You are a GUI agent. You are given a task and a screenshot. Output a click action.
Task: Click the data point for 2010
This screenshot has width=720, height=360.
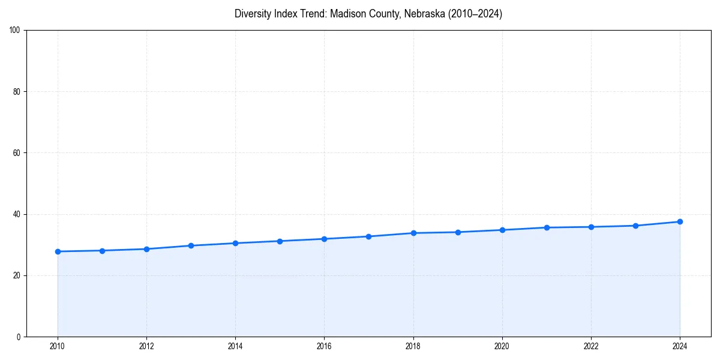[x=58, y=251]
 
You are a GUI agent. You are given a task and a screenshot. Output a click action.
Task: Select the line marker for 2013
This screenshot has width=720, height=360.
[x=191, y=245]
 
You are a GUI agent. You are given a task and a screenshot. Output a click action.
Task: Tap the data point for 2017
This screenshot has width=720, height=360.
[x=368, y=236]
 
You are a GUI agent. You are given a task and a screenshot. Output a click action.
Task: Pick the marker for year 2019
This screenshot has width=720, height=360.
[x=458, y=232]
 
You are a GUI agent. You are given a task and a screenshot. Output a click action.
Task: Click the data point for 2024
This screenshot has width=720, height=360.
[x=680, y=221]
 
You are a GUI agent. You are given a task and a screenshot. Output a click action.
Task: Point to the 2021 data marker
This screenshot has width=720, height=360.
[x=547, y=227]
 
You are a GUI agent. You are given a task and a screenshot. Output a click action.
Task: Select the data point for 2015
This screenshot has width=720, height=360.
[x=280, y=241]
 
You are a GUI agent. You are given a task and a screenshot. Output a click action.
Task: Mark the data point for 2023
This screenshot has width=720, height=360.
[x=635, y=226]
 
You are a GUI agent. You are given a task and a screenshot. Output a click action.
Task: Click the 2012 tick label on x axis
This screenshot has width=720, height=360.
[x=146, y=346]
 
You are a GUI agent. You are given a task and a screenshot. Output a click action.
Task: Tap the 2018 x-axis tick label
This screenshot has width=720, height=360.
[x=413, y=346]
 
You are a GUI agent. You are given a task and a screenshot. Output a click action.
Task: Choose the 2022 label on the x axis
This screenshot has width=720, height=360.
[x=591, y=346]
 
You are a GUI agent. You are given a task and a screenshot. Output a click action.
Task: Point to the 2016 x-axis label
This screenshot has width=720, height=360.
[x=324, y=346]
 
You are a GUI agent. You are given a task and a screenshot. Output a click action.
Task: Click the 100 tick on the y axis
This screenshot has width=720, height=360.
[x=15, y=31]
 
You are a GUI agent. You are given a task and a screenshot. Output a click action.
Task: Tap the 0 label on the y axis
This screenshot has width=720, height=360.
[x=19, y=337]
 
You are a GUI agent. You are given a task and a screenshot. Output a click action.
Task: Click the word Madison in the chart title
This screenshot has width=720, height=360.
[x=346, y=14]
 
